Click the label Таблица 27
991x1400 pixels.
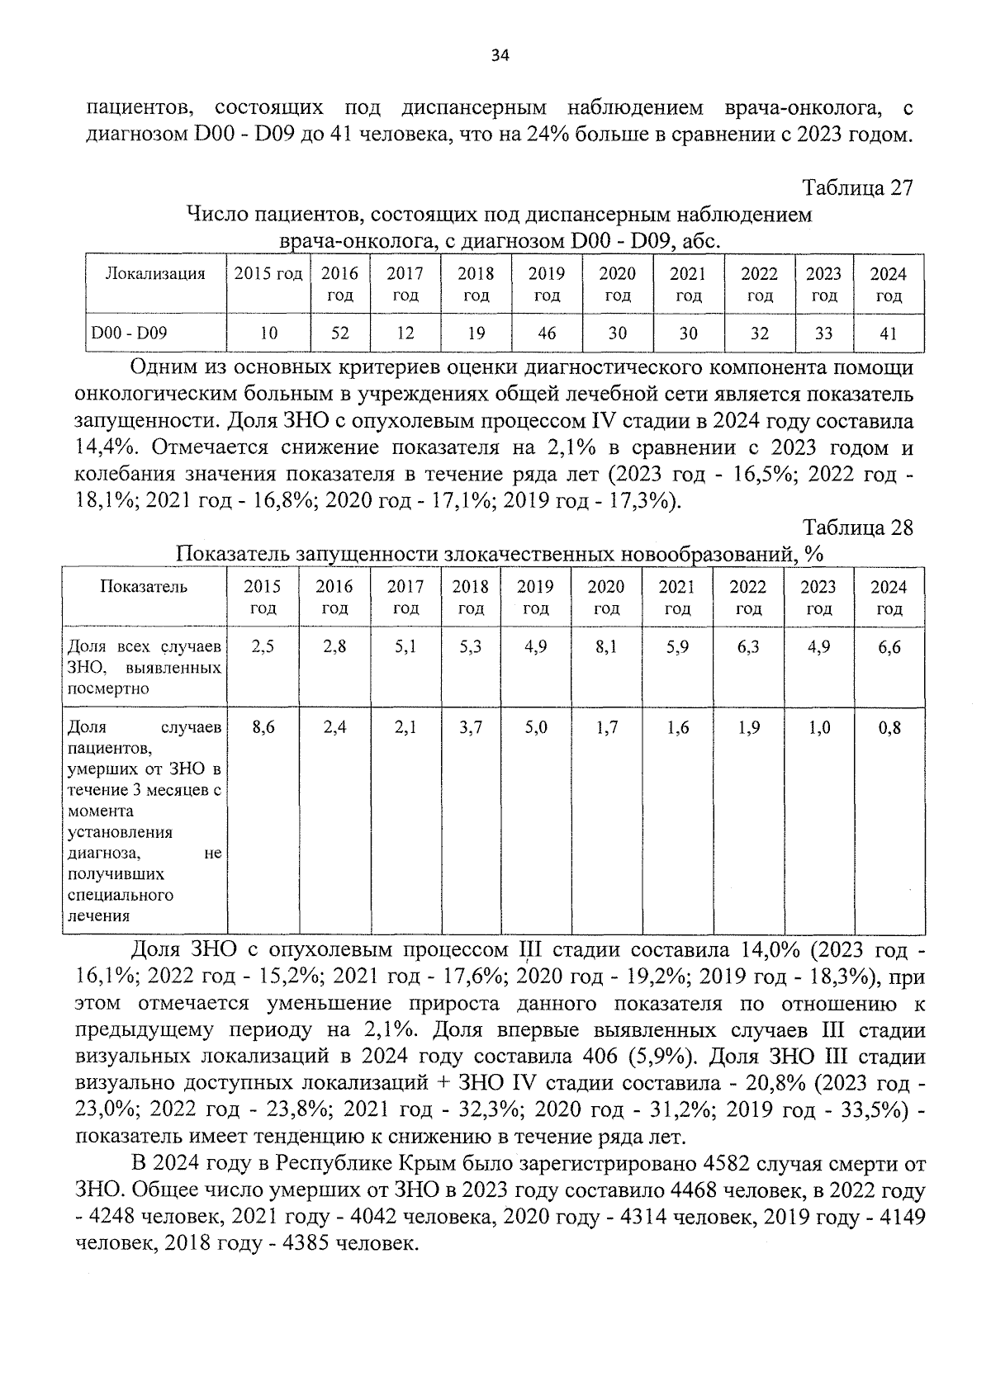pos(857,188)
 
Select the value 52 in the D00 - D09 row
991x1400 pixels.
pos(339,333)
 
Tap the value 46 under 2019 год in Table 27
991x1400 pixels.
pos(547,333)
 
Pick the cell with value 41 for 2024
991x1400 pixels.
pos(888,333)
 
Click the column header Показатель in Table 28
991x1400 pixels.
pos(144,587)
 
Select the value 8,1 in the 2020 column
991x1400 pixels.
pos(606,647)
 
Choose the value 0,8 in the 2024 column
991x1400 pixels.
pos(889,728)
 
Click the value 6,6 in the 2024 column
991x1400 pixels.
pos(889,647)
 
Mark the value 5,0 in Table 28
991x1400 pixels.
pos(535,728)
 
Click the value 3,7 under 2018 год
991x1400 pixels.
pos(470,728)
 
